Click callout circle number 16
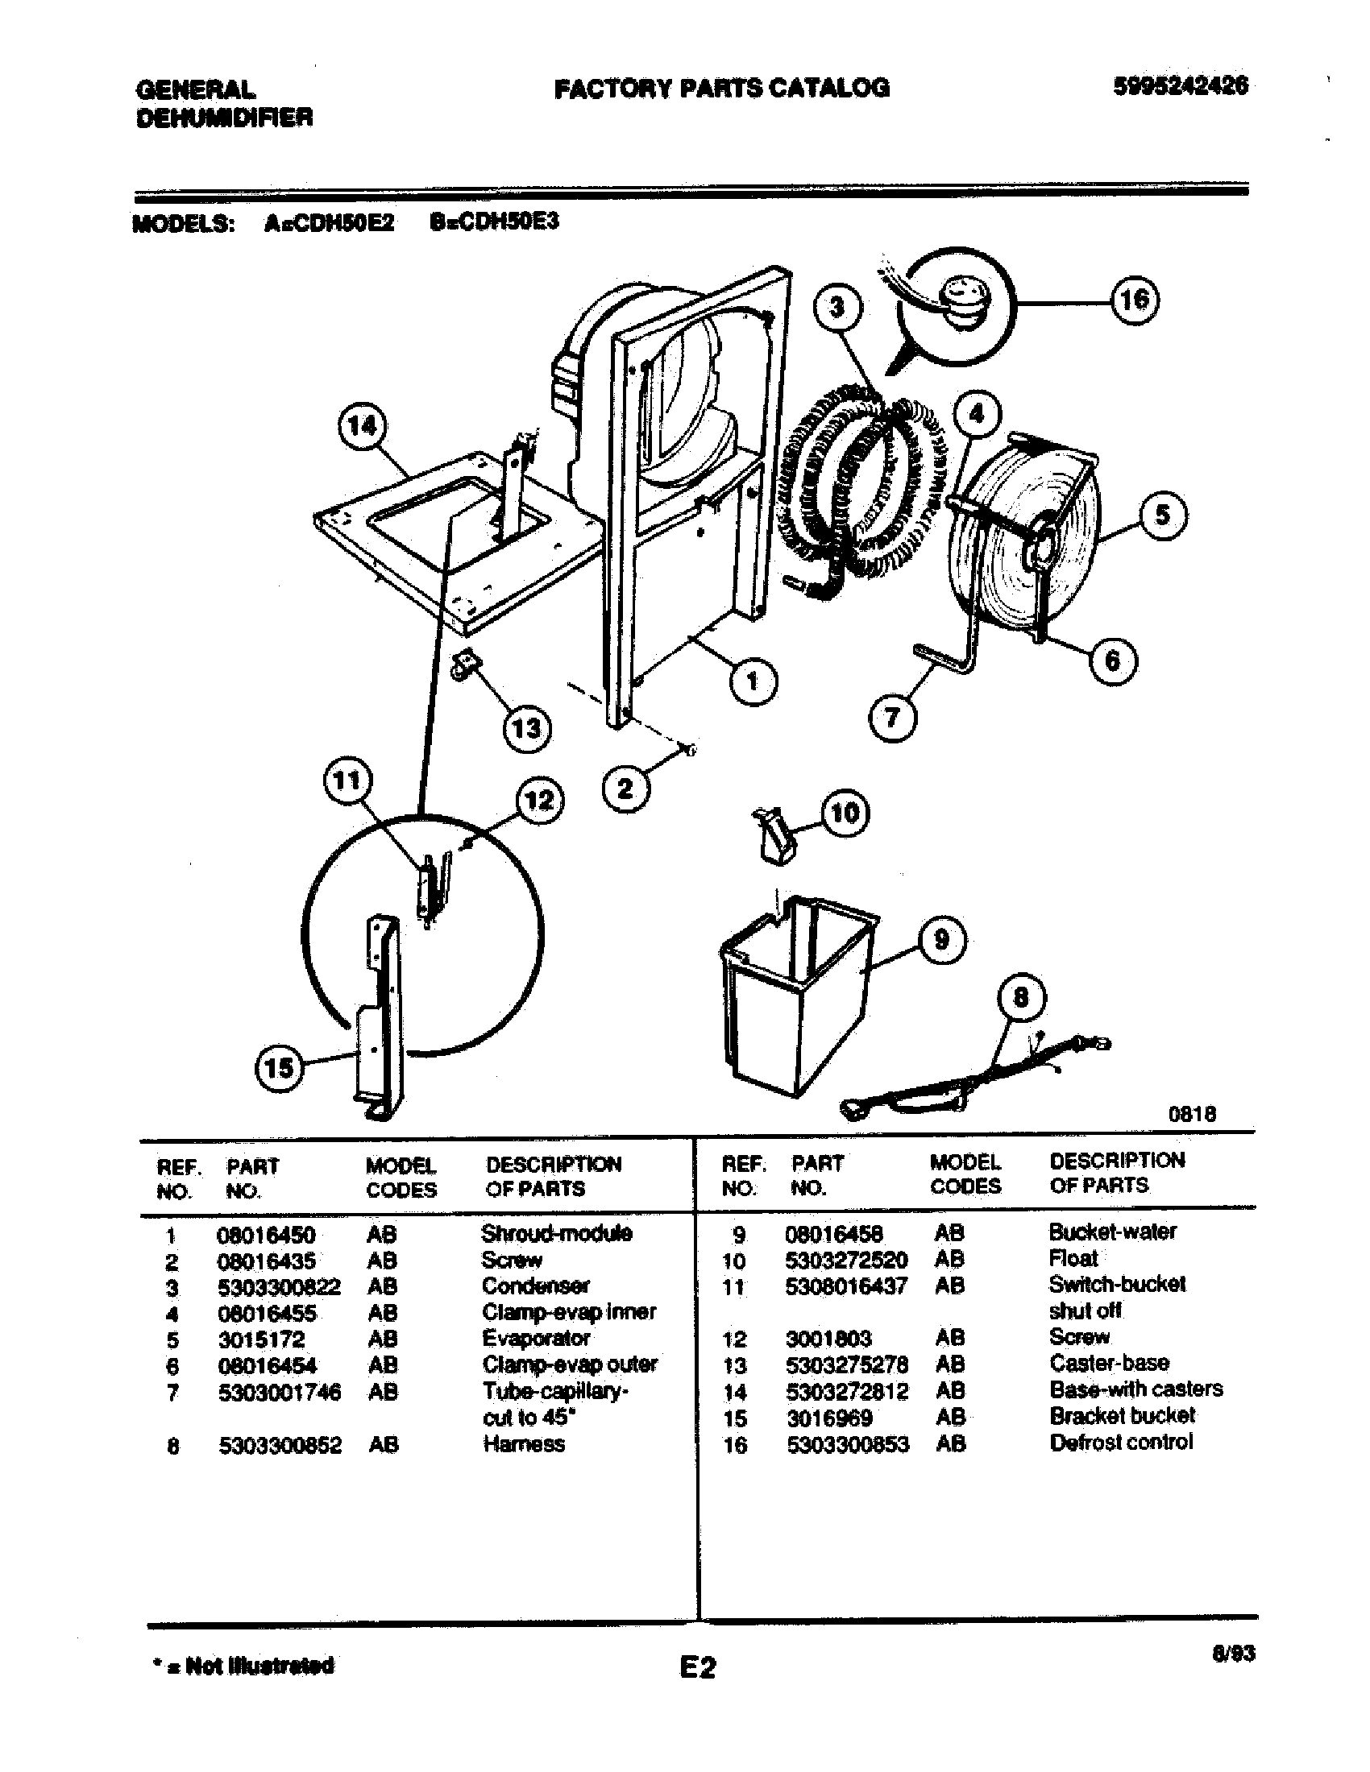(1134, 301)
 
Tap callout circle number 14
(362, 425)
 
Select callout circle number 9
(941, 939)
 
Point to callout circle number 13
(526, 728)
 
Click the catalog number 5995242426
(1180, 86)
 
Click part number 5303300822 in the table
(279, 1288)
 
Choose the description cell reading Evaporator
(536, 1339)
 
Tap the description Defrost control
(1121, 1443)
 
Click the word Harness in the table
(524, 1444)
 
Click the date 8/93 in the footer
(1233, 1653)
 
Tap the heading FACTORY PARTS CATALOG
(721, 88)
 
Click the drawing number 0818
(1191, 1114)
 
